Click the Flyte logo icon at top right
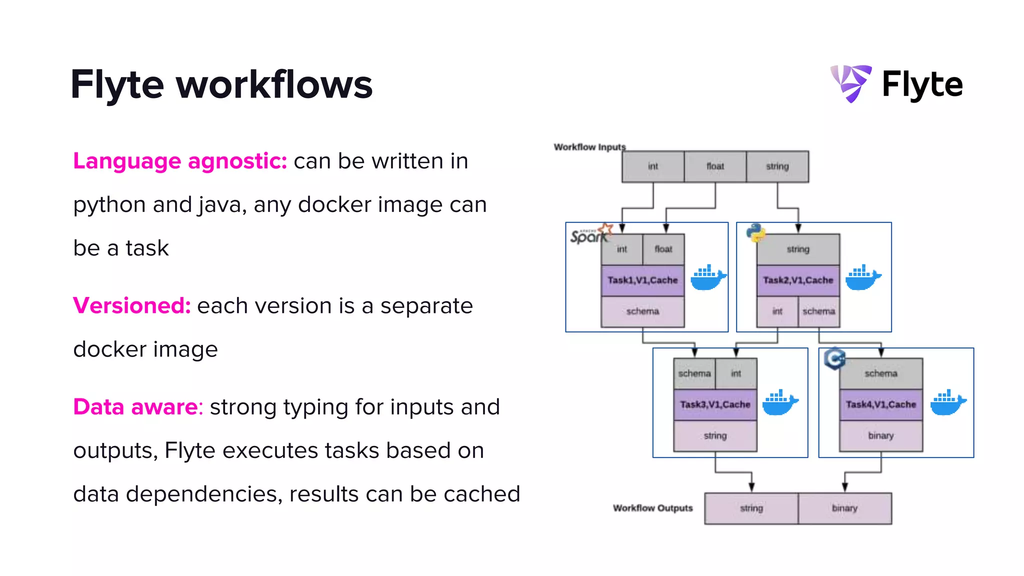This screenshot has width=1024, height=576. tap(851, 83)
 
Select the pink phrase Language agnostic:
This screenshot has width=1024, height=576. tap(180, 161)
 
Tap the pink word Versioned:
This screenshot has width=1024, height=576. tap(132, 305)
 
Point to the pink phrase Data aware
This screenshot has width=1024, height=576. tap(136, 407)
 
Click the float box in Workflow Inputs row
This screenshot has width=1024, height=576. tap(715, 166)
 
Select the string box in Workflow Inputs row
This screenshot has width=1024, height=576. tap(777, 166)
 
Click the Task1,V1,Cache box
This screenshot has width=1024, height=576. tap(642, 280)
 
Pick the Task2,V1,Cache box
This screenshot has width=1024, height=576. tap(798, 280)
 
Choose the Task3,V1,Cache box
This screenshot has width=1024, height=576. tap(715, 404)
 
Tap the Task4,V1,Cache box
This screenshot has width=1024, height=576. tap(881, 404)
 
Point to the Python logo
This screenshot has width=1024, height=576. tap(755, 232)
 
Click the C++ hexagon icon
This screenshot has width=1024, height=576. tap(834, 358)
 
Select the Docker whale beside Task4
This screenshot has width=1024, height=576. tap(947, 402)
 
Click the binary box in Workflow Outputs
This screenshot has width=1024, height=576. tap(844, 508)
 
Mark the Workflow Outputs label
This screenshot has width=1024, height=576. tap(652, 508)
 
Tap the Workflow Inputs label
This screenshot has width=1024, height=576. tap(589, 147)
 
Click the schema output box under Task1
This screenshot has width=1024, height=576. tap(642, 311)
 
